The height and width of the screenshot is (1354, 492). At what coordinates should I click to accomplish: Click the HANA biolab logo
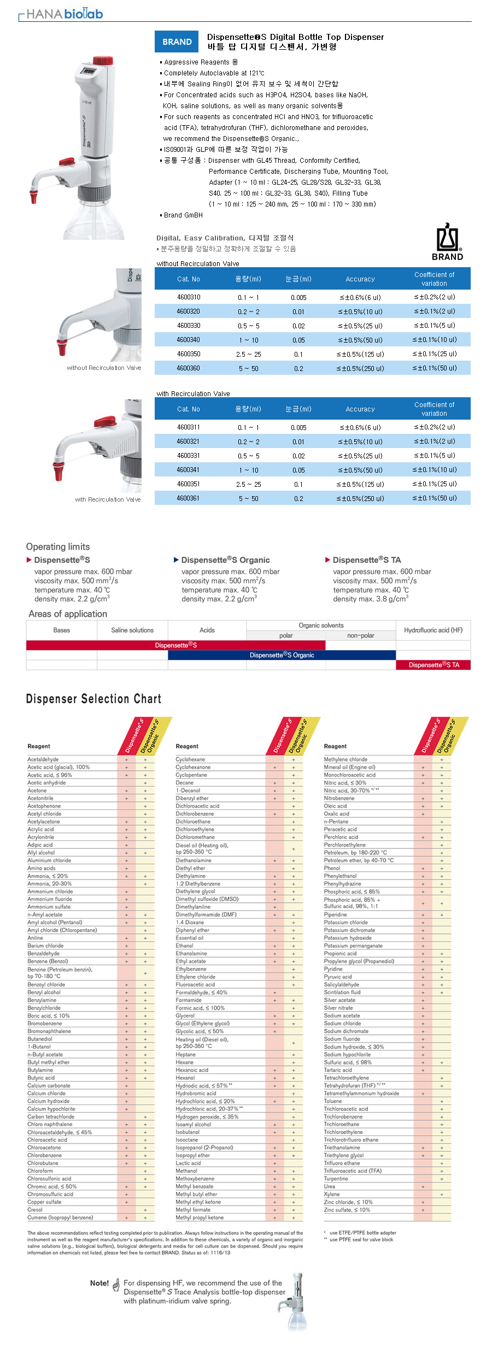[x=64, y=14]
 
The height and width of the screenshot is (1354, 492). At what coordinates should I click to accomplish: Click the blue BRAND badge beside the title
[x=177, y=42]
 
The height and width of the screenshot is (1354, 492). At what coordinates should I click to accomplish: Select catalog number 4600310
[x=189, y=297]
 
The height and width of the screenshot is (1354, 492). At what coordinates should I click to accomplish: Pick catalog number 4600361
[x=188, y=498]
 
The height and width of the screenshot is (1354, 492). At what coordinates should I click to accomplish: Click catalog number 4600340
[x=188, y=340]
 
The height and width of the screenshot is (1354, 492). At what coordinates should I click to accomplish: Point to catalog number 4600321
[x=188, y=441]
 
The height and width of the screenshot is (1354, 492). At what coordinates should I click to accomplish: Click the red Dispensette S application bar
[x=175, y=645]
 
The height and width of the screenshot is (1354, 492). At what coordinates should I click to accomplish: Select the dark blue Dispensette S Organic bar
[x=282, y=655]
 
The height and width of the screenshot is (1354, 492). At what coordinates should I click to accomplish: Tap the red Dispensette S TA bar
[x=434, y=665]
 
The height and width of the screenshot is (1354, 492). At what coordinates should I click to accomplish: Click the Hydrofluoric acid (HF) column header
[x=433, y=630]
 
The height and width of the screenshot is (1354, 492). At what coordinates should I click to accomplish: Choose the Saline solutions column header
[x=132, y=630]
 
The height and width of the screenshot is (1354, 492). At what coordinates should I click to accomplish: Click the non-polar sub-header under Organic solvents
[x=360, y=635]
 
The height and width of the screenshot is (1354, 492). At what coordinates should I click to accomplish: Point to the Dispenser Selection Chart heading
[x=93, y=699]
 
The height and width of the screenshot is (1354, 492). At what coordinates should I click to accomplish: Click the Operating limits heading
[x=58, y=546]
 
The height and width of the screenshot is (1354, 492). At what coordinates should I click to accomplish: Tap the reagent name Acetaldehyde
[x=43, y=760]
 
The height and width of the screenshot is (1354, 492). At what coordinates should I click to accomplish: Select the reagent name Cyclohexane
[x=190, y=760]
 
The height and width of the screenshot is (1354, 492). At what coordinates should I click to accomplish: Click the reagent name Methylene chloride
[x=345, y=760]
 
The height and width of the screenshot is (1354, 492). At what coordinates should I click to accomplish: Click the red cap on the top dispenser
[x=102, y=60]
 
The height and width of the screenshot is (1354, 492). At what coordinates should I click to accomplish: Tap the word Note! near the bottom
[x=99, y=1283]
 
